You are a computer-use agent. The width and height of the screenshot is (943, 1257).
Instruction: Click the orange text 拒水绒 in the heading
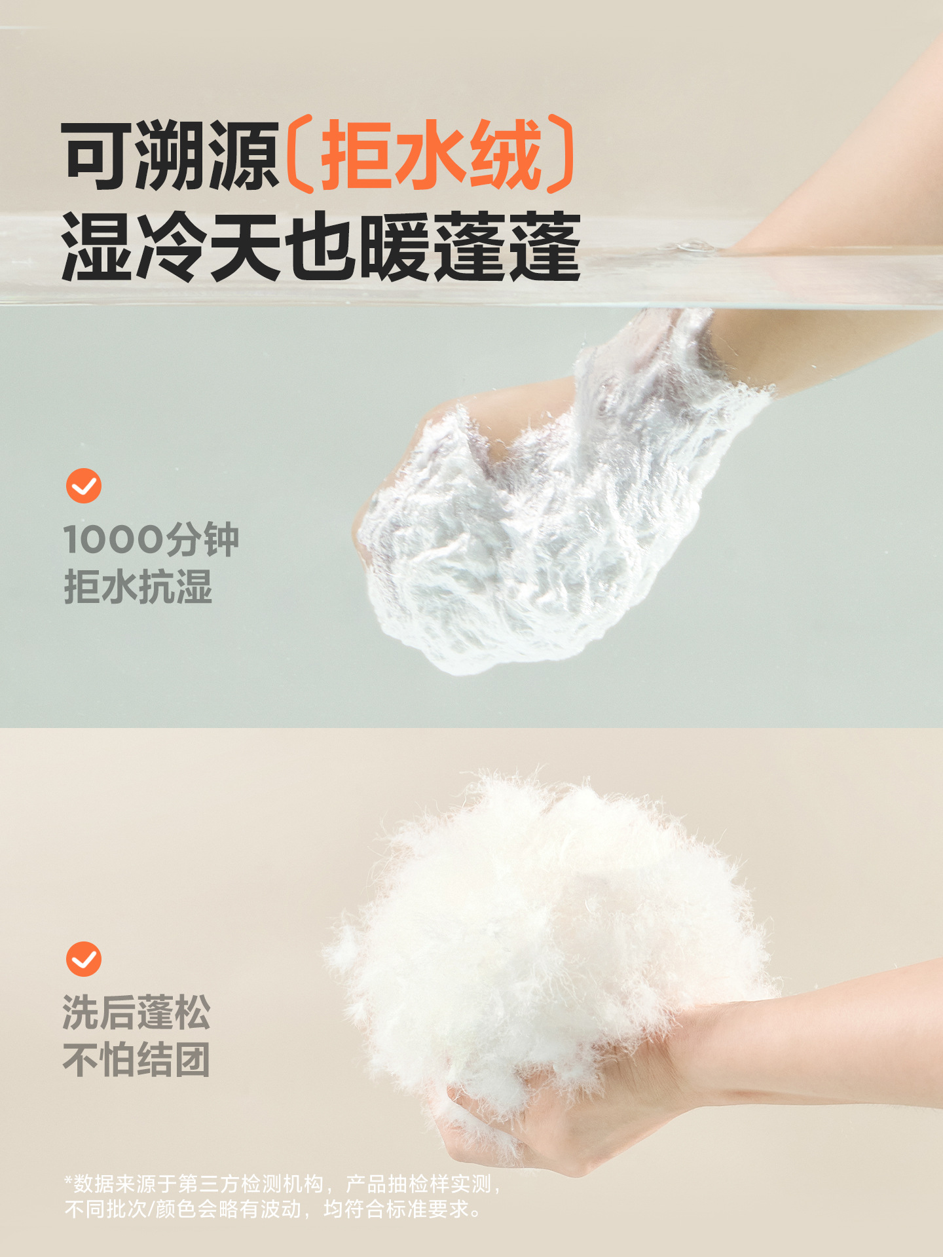[x=432, y=155]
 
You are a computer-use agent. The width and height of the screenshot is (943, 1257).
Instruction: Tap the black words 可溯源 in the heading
[x=171, y=156]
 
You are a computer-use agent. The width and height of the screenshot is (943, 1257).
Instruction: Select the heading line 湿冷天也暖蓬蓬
[x=321, y=246]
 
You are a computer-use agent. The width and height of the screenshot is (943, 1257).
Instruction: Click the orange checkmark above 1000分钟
[x=84, y=486]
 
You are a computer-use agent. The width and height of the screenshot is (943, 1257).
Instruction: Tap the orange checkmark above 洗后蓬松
[x=84, y=959]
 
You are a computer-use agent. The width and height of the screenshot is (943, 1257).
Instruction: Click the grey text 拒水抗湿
[x=138, y=587]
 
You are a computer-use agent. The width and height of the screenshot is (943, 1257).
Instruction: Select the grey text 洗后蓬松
[x=136, y=1012]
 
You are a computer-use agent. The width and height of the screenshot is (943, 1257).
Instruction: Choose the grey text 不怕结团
[x=136, y=1060]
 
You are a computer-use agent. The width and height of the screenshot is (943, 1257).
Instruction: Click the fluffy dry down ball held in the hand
[x=550, y=936]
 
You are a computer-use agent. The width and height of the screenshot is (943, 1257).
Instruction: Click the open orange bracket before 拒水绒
[x=300, y=155]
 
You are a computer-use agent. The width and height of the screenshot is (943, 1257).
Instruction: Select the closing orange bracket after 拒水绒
[x=561, y=155]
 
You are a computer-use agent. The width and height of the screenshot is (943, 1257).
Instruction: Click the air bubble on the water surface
[x=694, y=246]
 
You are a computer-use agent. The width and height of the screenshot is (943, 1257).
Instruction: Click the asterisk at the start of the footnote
[x=68, y=1180]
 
